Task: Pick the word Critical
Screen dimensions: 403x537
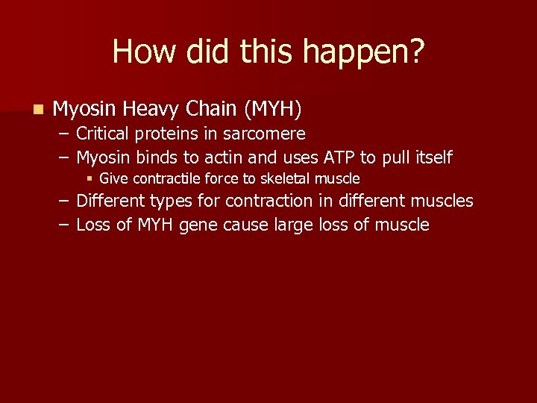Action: click(x=103, y=134)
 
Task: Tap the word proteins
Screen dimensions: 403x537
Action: click(x=160, y=134)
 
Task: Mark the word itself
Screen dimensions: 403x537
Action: click(x=433, y=157)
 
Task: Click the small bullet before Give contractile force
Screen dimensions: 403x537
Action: click(x=89, y=178)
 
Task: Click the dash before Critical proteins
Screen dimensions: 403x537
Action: click(x=65, y=134)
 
